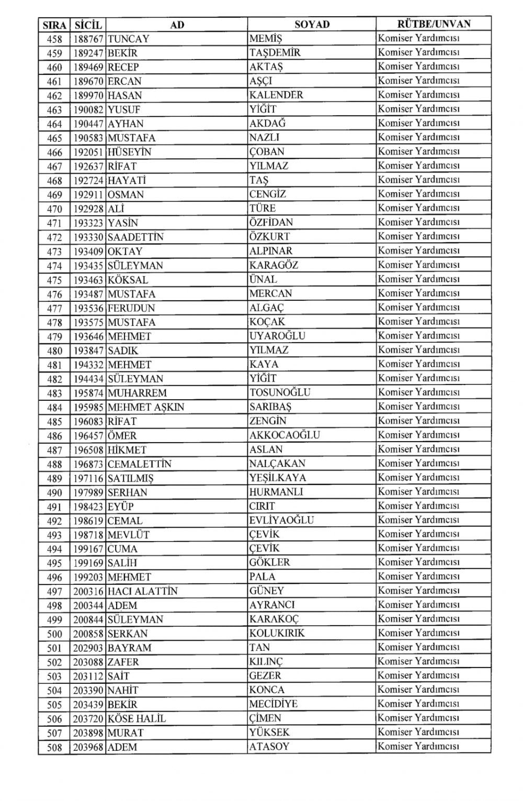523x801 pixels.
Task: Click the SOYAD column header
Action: tap(312, 24)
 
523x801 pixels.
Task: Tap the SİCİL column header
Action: tap(88, 25)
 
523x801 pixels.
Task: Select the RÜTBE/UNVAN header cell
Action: tap(434, 24)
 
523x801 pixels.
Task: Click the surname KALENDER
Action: tap(276, 95)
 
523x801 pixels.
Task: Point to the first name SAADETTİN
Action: tap(135, 237)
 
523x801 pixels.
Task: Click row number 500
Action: tap(54, 634)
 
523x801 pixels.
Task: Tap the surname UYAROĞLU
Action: tap(277, 336)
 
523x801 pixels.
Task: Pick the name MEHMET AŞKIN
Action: tap(146, 407)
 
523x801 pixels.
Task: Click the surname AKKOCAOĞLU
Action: tap(285, 435)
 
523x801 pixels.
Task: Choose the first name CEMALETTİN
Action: tap(140, 464)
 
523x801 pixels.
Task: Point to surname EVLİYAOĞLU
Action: tap(281, 520)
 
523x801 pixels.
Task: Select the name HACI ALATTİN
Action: tap(143, 591)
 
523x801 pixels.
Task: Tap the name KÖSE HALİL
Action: tap(137, 719)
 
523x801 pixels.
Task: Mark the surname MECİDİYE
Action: tap(273, 704)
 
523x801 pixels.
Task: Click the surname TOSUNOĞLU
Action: tap(280, 392)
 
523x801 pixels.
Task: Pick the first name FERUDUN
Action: tap(131, 308)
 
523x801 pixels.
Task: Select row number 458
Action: tap(54, 39)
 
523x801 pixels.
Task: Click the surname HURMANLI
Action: tap(276, 492)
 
